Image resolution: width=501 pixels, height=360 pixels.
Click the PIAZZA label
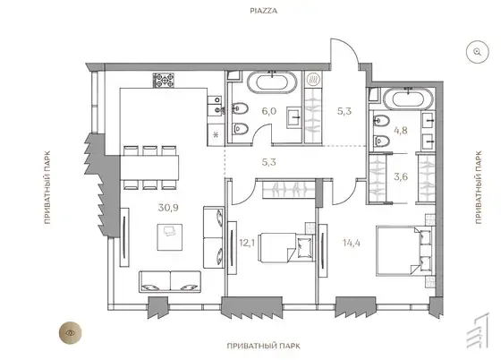(264, 11)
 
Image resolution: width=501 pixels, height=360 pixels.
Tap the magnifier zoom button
(478, 52)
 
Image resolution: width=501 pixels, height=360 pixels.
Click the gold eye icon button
(70, 333)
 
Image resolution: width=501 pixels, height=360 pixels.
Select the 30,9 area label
(168, 208)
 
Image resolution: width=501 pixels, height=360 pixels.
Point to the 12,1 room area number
(247, 243)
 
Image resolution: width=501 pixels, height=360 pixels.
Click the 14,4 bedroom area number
(352, 243)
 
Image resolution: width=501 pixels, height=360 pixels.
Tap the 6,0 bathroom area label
(269, 111)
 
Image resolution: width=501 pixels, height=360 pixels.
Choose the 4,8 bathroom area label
(401, 131)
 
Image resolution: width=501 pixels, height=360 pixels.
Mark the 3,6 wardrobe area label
(401, 176)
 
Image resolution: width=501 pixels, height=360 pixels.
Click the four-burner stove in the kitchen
(164, 81)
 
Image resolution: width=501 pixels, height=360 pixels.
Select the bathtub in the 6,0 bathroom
(272, 82)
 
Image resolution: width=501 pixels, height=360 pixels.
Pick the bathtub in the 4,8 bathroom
(408, 99)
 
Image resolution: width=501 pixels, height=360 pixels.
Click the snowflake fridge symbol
(216, 134)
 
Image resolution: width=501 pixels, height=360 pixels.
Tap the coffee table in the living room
(170, 237)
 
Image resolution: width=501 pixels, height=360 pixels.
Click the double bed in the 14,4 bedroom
(404, 251)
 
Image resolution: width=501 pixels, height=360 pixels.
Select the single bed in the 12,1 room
(286, 248)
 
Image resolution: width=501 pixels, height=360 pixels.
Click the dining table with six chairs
(149, 167)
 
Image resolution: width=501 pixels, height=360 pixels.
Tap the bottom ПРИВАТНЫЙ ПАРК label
(264, 346)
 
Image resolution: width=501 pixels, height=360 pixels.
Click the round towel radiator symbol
(311, 80)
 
